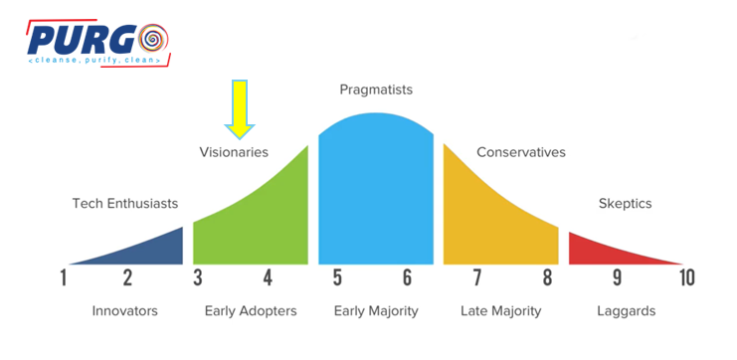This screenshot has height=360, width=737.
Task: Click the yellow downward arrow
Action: coord(240,109)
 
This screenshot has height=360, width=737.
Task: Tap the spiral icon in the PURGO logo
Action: coord(153,40)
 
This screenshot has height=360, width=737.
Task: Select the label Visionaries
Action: coord(234,152)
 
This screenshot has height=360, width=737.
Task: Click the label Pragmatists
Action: coord(376,90)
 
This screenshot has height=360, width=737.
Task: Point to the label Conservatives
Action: coord(521,152)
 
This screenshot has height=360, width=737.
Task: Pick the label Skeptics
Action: coord(626,204)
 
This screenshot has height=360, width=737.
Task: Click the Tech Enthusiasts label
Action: coord(125,204)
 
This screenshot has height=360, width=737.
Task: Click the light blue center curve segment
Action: coord(376,189)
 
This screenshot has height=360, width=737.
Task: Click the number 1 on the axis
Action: coord(64,277)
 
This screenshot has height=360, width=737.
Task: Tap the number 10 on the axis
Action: coord(686,277)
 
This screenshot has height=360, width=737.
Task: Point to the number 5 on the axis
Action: coord(337,277)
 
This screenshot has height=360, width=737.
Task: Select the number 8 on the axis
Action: coord(548,277)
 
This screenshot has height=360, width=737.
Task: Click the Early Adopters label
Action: coord(251,311)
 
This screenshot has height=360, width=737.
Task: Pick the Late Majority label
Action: coord(500,311)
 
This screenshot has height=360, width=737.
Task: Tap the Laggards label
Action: coord(626,311)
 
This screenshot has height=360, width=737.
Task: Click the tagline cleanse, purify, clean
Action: coord(94,61)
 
